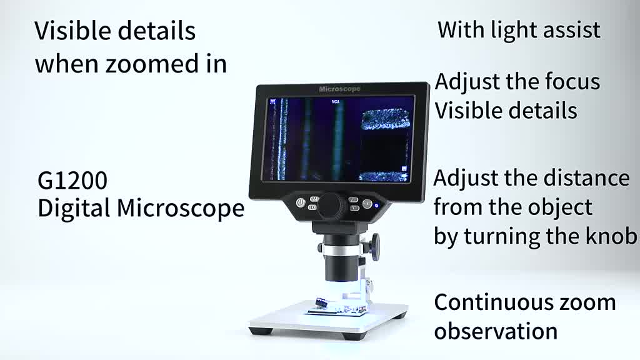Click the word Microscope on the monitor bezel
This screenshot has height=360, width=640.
[339, 89]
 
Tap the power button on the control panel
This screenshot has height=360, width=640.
[301, 202]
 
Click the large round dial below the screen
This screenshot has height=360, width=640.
[332, 205]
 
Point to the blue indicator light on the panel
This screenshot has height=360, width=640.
[376, 203]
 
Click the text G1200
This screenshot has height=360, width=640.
[72, 181]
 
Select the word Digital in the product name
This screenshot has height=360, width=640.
[75, 209]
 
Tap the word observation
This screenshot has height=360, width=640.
[496, 331]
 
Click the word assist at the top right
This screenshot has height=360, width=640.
[572, 29]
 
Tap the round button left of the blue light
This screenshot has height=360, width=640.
[366, 203]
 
